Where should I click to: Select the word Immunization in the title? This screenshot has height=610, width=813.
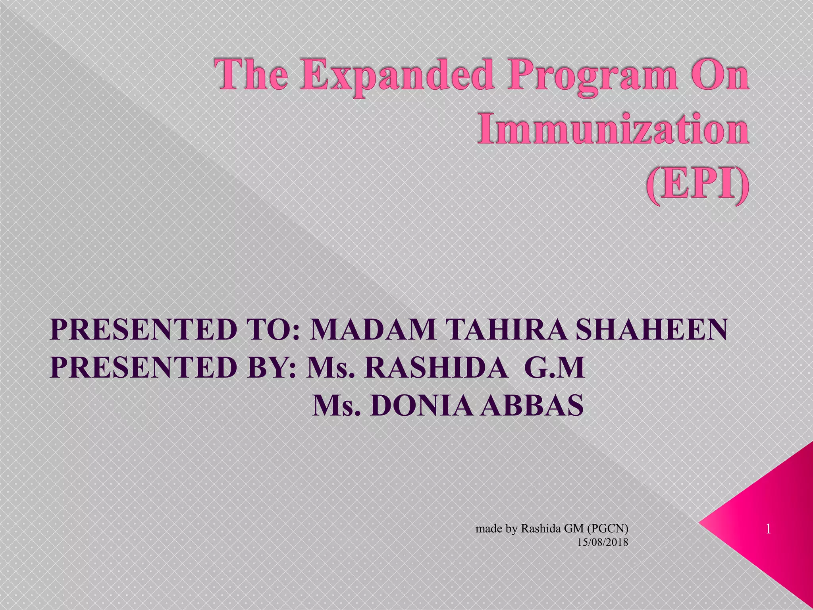point(613,129)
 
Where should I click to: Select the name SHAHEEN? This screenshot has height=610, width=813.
point(651,330)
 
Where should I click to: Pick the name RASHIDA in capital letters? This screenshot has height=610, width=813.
point(436,368)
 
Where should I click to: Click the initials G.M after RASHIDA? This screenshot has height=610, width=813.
point(554,368)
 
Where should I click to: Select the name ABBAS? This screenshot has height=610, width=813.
point(532,405)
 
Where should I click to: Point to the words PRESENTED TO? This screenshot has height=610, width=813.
point(175,330)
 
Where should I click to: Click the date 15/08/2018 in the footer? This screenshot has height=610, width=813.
point(603,542)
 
